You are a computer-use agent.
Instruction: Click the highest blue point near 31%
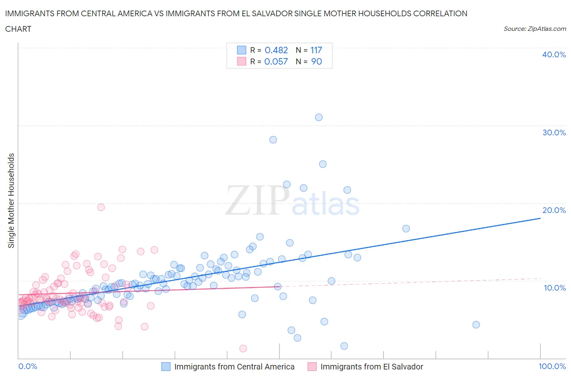click(x=319, y=117)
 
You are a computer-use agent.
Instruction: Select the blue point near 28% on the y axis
click(x=273, y=140)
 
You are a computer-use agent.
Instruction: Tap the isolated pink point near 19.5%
click(x=101, y=207)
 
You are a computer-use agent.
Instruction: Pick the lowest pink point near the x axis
click(x=243, y=348)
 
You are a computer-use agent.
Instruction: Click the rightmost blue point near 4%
click(x=476, y=325)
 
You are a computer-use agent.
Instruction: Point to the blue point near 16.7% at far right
click(x=406, y=228)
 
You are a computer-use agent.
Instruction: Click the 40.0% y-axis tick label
click(x=554, y=54)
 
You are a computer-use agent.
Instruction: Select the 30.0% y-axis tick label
click(x=554, y=133)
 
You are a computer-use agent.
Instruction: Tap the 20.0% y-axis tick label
click(x=554, y=210)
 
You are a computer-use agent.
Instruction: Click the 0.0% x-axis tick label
click(x=28, y=366)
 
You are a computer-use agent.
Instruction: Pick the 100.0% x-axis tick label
click(x=552, y=366)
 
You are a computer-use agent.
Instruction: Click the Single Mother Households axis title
click(x=11, y=200)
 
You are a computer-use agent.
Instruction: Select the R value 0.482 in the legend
click(x=276, y=50)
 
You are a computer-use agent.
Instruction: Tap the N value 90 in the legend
click(x=316, y=61)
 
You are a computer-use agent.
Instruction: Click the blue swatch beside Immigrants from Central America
click(x=166, y=367)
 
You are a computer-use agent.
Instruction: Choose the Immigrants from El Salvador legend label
click(x=372, y=367)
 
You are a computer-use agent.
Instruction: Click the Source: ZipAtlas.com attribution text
click(x=534, y=28)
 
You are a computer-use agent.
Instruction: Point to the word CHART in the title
click(x=18, y=29)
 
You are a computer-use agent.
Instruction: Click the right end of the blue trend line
click(x=540, y=218)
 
